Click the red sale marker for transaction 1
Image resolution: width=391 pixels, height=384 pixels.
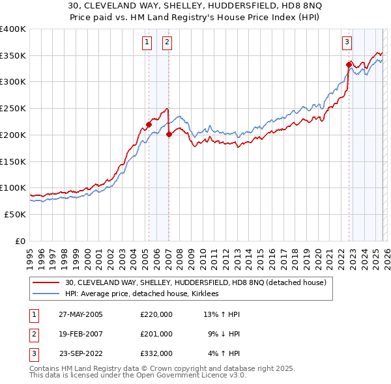(x=149, y=124)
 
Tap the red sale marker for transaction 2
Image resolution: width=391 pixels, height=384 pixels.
(x=169, y=134)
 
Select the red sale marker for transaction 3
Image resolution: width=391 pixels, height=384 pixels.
(x=349, y=64)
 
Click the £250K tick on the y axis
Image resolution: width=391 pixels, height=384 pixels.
(x=13, y=108)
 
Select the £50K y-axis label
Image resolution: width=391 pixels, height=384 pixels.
(x=15, y=214)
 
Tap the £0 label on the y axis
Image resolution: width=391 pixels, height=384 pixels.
(x=20, y=241)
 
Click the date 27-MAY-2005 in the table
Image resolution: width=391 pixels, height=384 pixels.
(x=80, y=314)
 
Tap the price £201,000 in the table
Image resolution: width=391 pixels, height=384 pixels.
(x=156, y=334)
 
